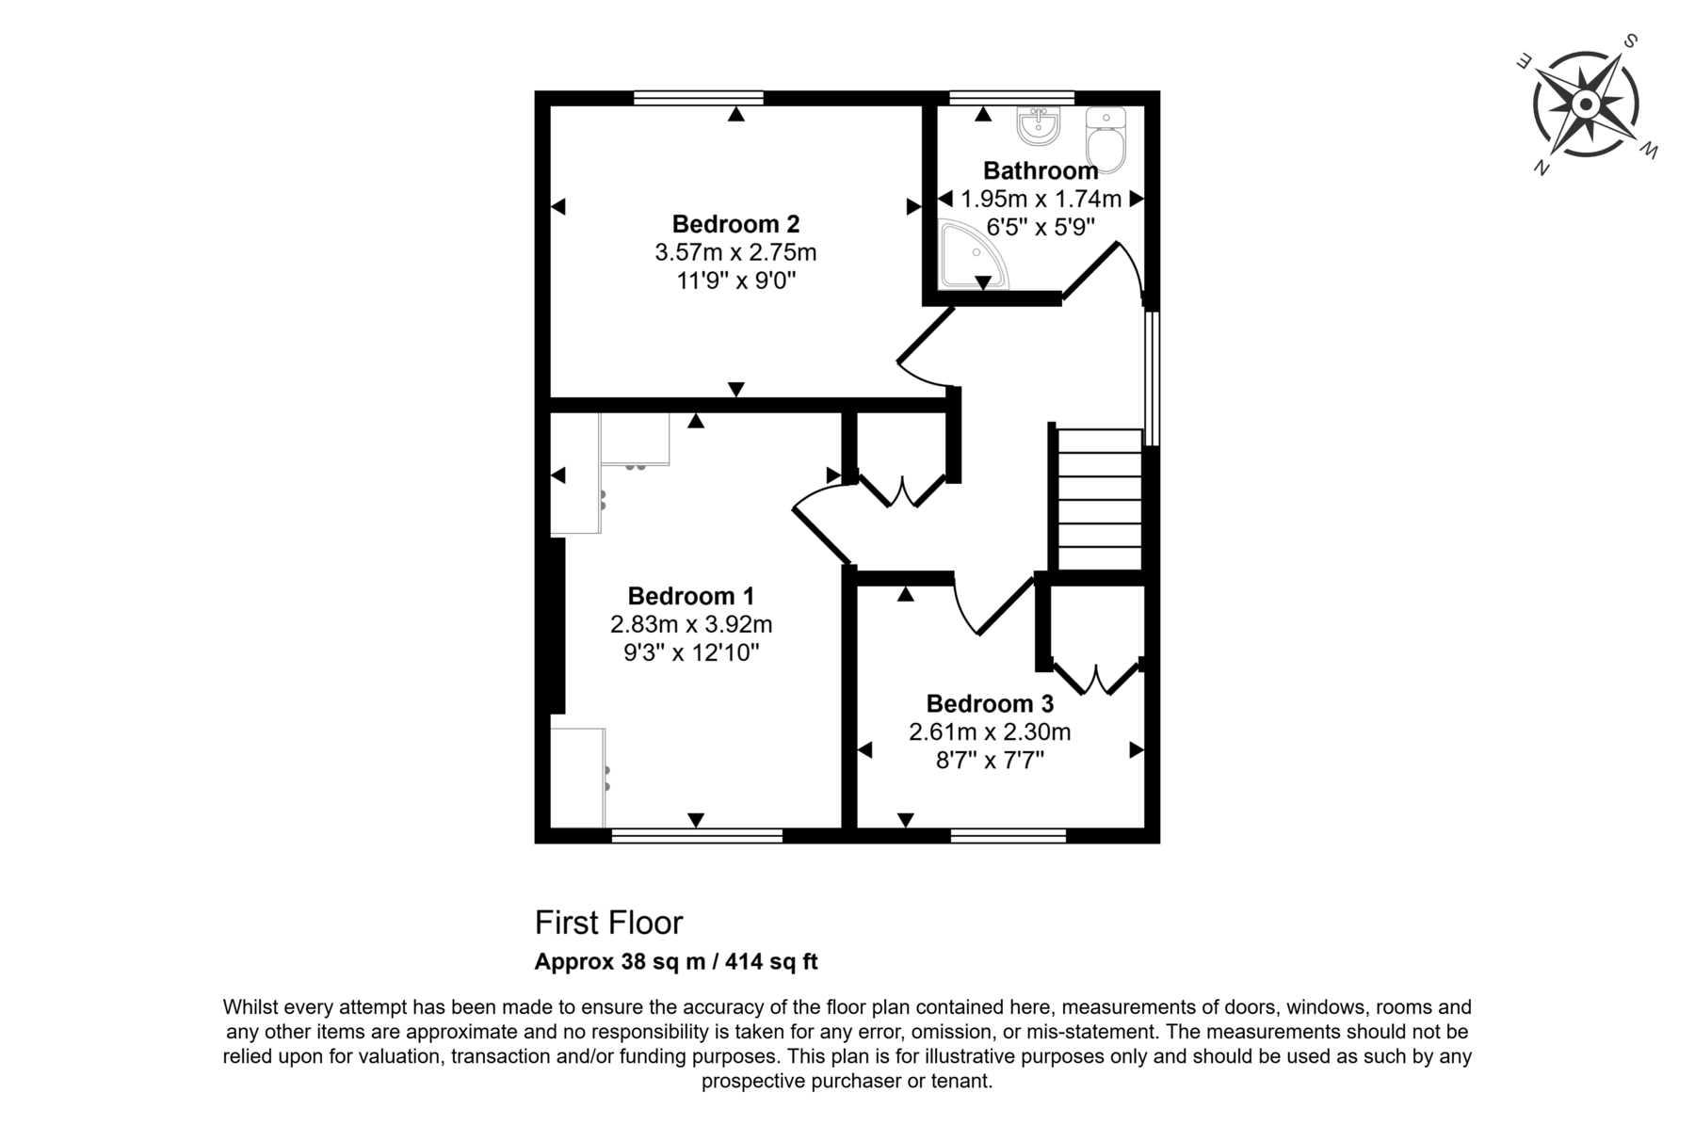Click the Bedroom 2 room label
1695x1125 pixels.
(x=735, y=224)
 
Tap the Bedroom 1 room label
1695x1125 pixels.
(x=691, y=596)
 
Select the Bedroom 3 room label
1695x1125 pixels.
(x=990, y=703)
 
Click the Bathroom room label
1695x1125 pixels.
(x=1041, y=170)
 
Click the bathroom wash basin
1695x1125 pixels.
(x=1039, y=126)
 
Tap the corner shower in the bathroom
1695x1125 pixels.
(x=973, y=254)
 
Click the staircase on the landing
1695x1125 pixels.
(x=1100, y=499)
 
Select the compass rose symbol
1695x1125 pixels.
(x=1587, y=104)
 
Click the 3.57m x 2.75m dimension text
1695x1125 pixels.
(x=735, y=252)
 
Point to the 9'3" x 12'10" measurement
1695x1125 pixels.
(x=691, y=652)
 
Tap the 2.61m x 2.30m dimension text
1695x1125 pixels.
(x=990, y=731)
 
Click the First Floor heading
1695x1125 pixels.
(x=608, y=923)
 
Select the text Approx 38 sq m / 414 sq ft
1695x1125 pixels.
(x=676, y=962)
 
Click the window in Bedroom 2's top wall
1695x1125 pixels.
(x=698, y=97)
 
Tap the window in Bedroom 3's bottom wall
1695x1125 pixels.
(x=1009, y=835)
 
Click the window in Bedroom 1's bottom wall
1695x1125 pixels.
(x=697, y=835)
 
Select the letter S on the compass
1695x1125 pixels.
(x=1630, y=41)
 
